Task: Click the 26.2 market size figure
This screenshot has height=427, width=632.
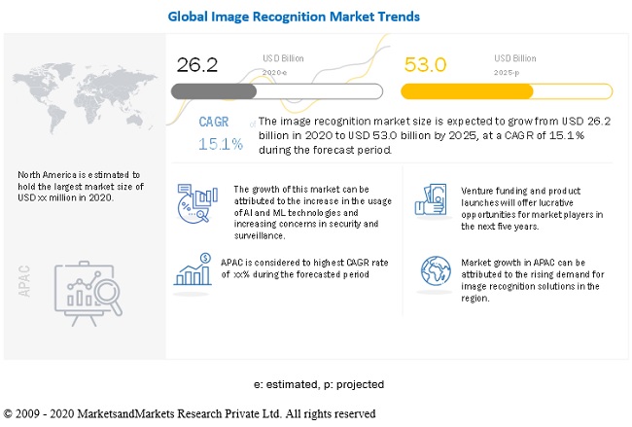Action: tap(197, 64)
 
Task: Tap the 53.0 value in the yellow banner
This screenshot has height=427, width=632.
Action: tap(427, 64)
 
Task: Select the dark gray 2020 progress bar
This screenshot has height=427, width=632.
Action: tap(214, 90)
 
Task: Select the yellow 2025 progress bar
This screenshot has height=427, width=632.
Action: tap(506, 91)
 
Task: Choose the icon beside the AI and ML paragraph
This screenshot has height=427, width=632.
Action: tap(193, 207)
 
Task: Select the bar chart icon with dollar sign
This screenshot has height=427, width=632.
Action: tap(193, 268)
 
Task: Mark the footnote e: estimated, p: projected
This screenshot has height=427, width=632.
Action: tap(316, 384)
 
